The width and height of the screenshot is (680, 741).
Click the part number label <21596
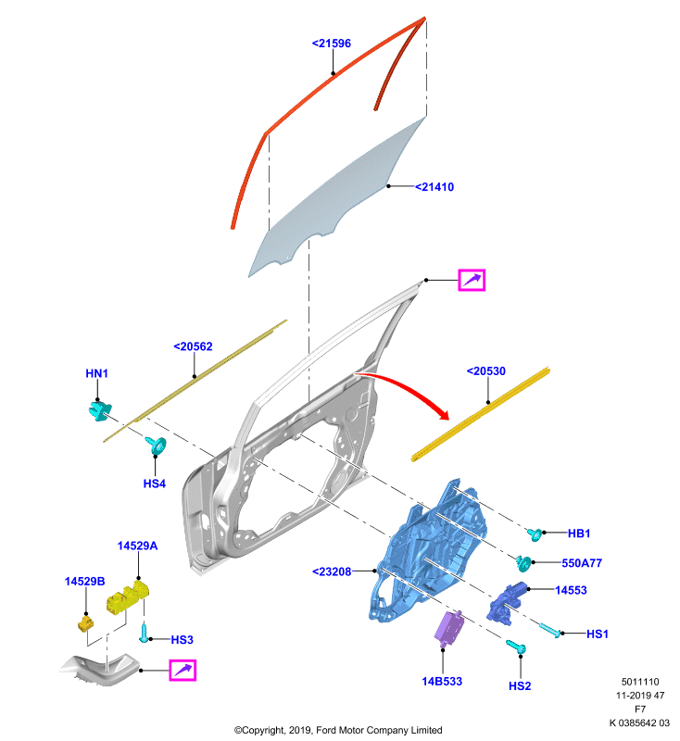pyautogui.click(x=332, y=44)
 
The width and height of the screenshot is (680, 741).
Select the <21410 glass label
pyautogui.click(x=434, y=187)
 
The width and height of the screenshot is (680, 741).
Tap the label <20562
pyautogui.click(x=193, y=346)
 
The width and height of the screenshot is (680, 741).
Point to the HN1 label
pyautogui.click(x=97, y=373)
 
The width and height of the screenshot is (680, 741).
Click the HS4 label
pyautogui.click(x=155, y=484)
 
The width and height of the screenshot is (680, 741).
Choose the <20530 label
pyautogui.click(x=485, y=371)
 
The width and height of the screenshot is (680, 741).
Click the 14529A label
pyautogui.click(x=137, y=546)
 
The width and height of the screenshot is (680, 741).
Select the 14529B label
pyautogui.click(x=84, y=582)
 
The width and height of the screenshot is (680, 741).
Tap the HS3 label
pyautogui.click(x=182, y=639)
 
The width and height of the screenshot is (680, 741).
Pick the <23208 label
pyautogui.click(x=332, y=571)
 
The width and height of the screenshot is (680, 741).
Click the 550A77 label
pyautogui.click(x=582, y=563)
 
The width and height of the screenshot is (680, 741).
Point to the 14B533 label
pyautogui.click(x=442, y=681)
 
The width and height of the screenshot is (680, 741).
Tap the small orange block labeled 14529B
pyautogui.click(x=85, y=622)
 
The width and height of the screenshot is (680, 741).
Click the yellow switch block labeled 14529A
pyautogui.click(x=128, y=597)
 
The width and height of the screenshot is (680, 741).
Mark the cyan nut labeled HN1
pyautogui.click(x=99, y=410)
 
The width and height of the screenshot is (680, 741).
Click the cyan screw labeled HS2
pyautogui.click(x=516, y=647)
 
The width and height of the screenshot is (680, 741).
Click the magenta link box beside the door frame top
pyautogui.click(x=472, y=280)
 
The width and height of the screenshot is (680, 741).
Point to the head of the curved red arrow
pyautogui.click(x=443, y=414)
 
